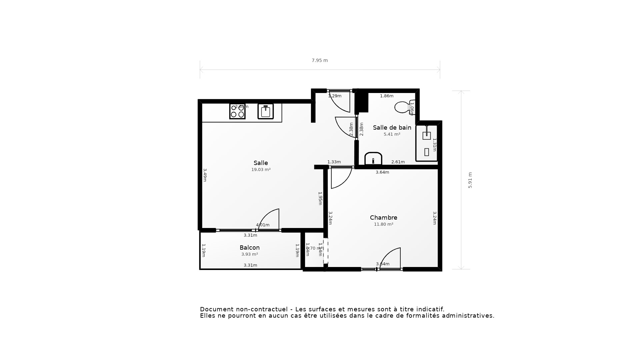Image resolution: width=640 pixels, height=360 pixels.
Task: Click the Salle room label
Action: pos(261,163)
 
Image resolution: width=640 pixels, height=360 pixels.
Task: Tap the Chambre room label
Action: pos(383,218)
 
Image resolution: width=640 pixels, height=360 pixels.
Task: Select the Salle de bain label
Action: pos(392,128)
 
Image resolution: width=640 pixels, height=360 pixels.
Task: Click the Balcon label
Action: pos(249,248)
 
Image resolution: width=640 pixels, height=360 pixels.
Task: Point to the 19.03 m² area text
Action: pos(261,170)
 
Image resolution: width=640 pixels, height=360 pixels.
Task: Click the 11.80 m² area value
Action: pos(383,224)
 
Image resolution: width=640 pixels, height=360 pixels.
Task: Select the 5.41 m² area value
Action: pos(392,134)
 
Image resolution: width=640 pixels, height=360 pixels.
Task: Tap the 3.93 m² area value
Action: pos(249,254)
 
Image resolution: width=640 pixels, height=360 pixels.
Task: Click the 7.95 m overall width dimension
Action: pos(320,60)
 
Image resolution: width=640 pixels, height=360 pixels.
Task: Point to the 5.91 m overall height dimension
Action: pos(470,180)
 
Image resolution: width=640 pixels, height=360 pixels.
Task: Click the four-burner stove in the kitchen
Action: pos(237,111)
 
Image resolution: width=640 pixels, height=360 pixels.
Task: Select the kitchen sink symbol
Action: pos(265,111)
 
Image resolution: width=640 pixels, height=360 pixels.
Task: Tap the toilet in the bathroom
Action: pos(403,107)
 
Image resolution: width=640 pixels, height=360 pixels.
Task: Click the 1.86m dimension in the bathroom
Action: pos(387,96)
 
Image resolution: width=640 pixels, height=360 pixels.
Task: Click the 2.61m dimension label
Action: pos(398,162)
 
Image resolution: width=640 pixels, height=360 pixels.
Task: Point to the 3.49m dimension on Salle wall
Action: pos(205,175)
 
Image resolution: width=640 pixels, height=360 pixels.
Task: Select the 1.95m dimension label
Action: pos(320,198)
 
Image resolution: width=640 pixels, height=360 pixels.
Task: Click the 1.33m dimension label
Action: pos(334,162)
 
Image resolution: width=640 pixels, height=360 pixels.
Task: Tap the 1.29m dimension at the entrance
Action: pos(335,96)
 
